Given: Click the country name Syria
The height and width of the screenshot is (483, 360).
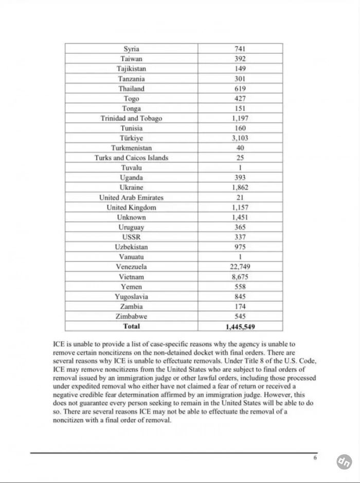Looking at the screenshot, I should click(131, 49).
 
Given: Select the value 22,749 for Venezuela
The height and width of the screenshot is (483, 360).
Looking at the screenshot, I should click(240, 267).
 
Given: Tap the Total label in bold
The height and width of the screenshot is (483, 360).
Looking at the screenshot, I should click(131, 326).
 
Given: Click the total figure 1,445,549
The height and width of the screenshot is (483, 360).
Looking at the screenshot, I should click(240, 326).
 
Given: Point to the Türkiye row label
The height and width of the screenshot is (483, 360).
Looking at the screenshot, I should click(131, 138).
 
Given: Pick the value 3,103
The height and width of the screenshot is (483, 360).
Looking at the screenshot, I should click(240, 138).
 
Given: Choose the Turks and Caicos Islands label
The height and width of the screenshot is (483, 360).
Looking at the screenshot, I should click(131, 158).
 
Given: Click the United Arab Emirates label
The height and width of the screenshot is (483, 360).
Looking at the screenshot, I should click(131, 197).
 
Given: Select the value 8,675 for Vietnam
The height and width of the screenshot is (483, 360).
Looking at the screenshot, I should click(240, 276).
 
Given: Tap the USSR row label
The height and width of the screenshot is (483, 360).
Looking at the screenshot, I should click(131, 237).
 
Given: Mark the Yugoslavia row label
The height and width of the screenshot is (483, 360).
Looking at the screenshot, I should click(131, 296).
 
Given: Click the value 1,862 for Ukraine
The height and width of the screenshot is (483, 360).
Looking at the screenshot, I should click(240, 188).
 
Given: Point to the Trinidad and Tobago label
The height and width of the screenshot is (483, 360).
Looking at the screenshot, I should click(131, 118).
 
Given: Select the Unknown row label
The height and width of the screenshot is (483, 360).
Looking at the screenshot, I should click(131, 217).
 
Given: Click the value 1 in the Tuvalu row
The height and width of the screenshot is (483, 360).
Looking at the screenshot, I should click(240, 168).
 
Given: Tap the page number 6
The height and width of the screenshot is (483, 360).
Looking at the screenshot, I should click(316, 458).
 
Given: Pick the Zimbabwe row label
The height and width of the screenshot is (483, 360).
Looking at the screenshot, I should click(131, 317).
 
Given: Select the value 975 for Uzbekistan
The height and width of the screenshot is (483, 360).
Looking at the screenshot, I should click(240, 247).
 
